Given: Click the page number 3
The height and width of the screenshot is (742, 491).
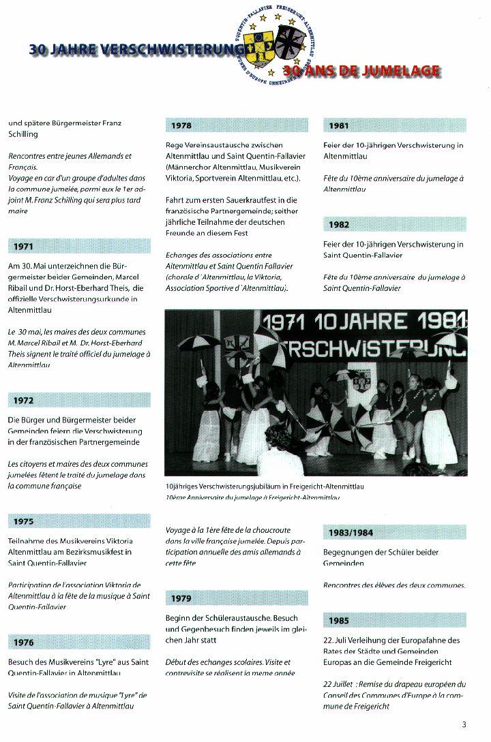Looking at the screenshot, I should [464, 724].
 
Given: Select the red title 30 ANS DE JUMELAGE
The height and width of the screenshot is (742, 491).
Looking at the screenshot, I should [361, 70].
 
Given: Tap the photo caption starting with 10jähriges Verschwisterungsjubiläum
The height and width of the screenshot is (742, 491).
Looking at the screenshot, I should [265, 486].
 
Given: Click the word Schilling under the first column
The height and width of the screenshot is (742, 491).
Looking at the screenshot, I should [23, 134].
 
